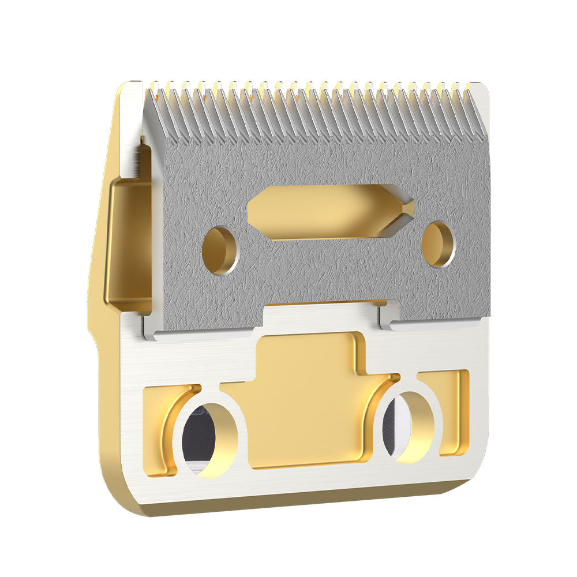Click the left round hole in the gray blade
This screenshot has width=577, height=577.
click(220, 250)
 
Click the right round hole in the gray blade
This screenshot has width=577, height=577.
click(438, 244)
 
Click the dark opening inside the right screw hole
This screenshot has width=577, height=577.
click(396, 427)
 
